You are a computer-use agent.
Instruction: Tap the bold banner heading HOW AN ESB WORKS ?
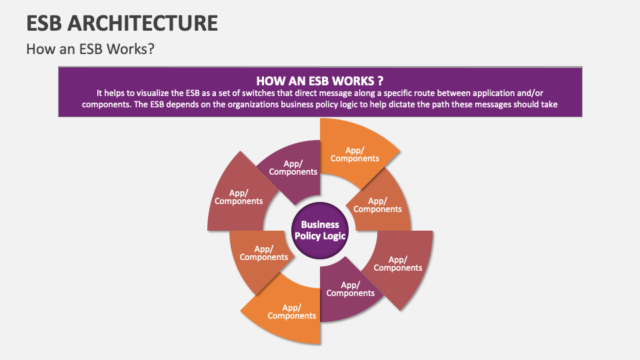point(319,80)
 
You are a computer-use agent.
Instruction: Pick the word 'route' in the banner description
point(402,93)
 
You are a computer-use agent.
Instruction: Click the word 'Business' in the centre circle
point(320,225)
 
